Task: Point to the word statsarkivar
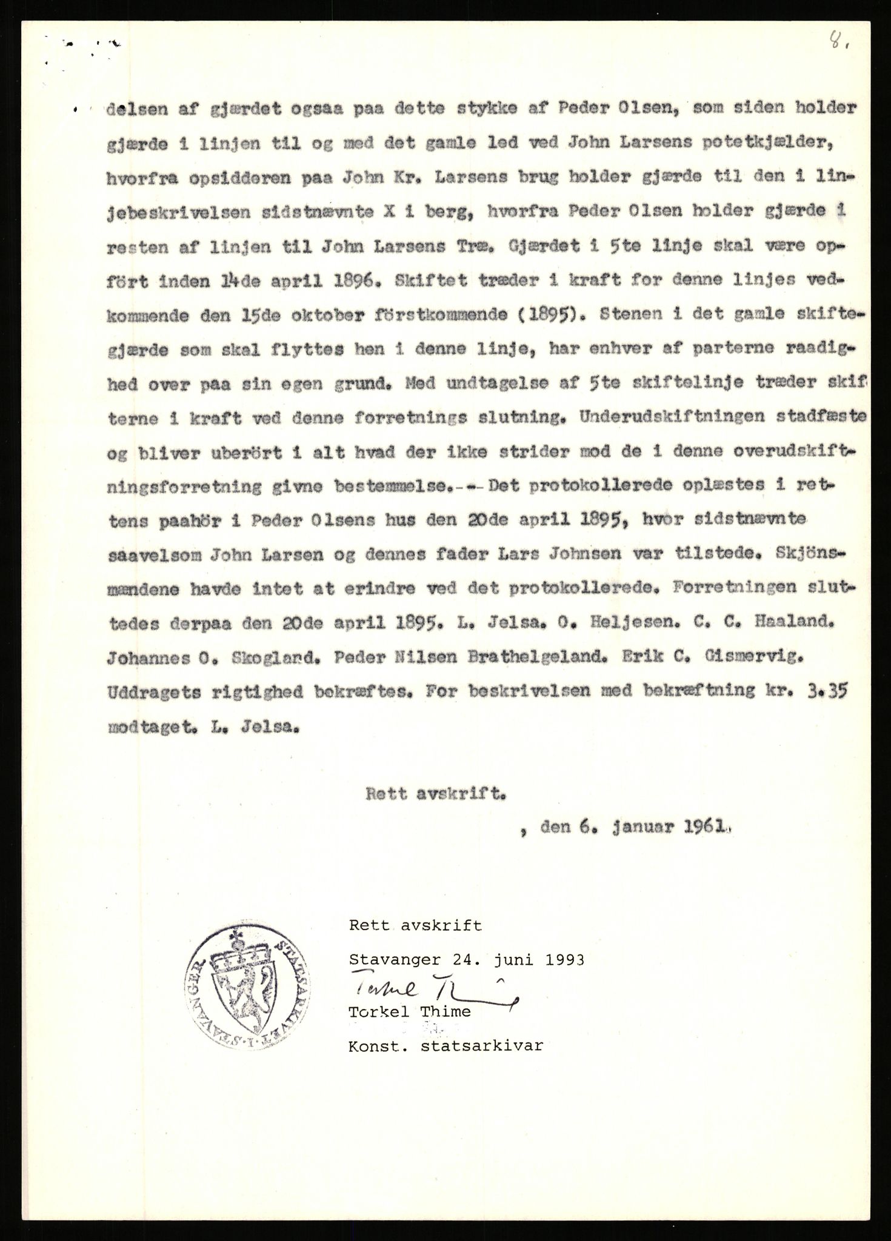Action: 481,1046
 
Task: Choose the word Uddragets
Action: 155,691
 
